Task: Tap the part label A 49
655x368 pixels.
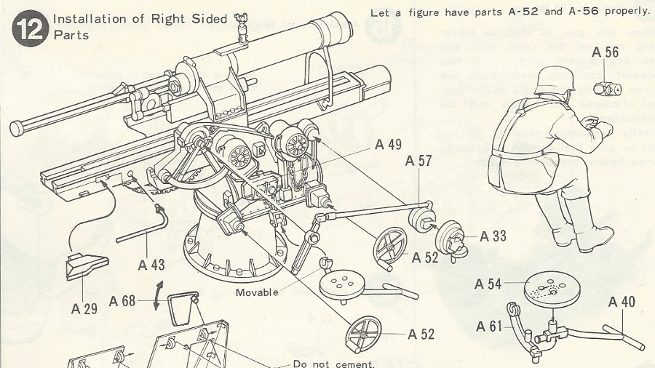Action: [x=389, y=145]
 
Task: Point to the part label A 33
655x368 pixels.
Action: [x=493, y=236]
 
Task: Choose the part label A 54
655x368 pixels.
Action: [x=489, y=284]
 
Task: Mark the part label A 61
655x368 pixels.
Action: [x=490, y=326]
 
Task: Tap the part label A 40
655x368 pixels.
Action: [x=622, y=302]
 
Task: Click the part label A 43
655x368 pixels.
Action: [x=152, y=265]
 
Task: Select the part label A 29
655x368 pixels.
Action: [x=84, y=308]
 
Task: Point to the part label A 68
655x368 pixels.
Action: [x=123, y=301]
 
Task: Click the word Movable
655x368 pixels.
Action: [x=257, y=292]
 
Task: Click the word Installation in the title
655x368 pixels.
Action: [x=87, y=19]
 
